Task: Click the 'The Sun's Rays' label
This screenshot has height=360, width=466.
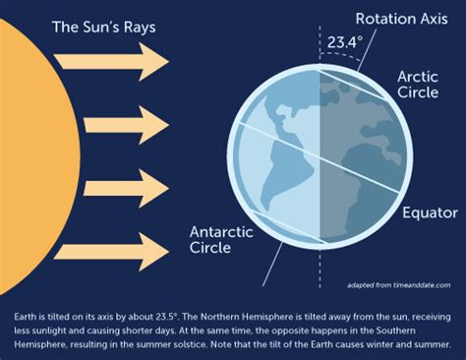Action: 104,28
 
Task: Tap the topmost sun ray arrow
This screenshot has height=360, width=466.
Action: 111,61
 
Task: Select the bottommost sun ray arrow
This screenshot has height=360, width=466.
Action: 111,252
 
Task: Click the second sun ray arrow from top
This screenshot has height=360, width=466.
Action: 126,125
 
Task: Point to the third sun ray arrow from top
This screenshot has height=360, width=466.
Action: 126,189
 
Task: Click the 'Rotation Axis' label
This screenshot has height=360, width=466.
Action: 402,19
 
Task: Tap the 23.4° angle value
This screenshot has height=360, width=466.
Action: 345,42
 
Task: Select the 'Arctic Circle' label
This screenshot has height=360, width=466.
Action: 418,85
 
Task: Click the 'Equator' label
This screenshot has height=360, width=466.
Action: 430,212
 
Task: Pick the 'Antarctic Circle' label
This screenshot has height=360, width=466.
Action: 221,240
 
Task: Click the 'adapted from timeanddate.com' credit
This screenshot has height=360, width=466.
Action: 399,285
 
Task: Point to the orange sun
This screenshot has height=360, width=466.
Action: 36,156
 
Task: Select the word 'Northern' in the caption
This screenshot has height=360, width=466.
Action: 220,317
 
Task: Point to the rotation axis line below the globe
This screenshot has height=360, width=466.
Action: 272,264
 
